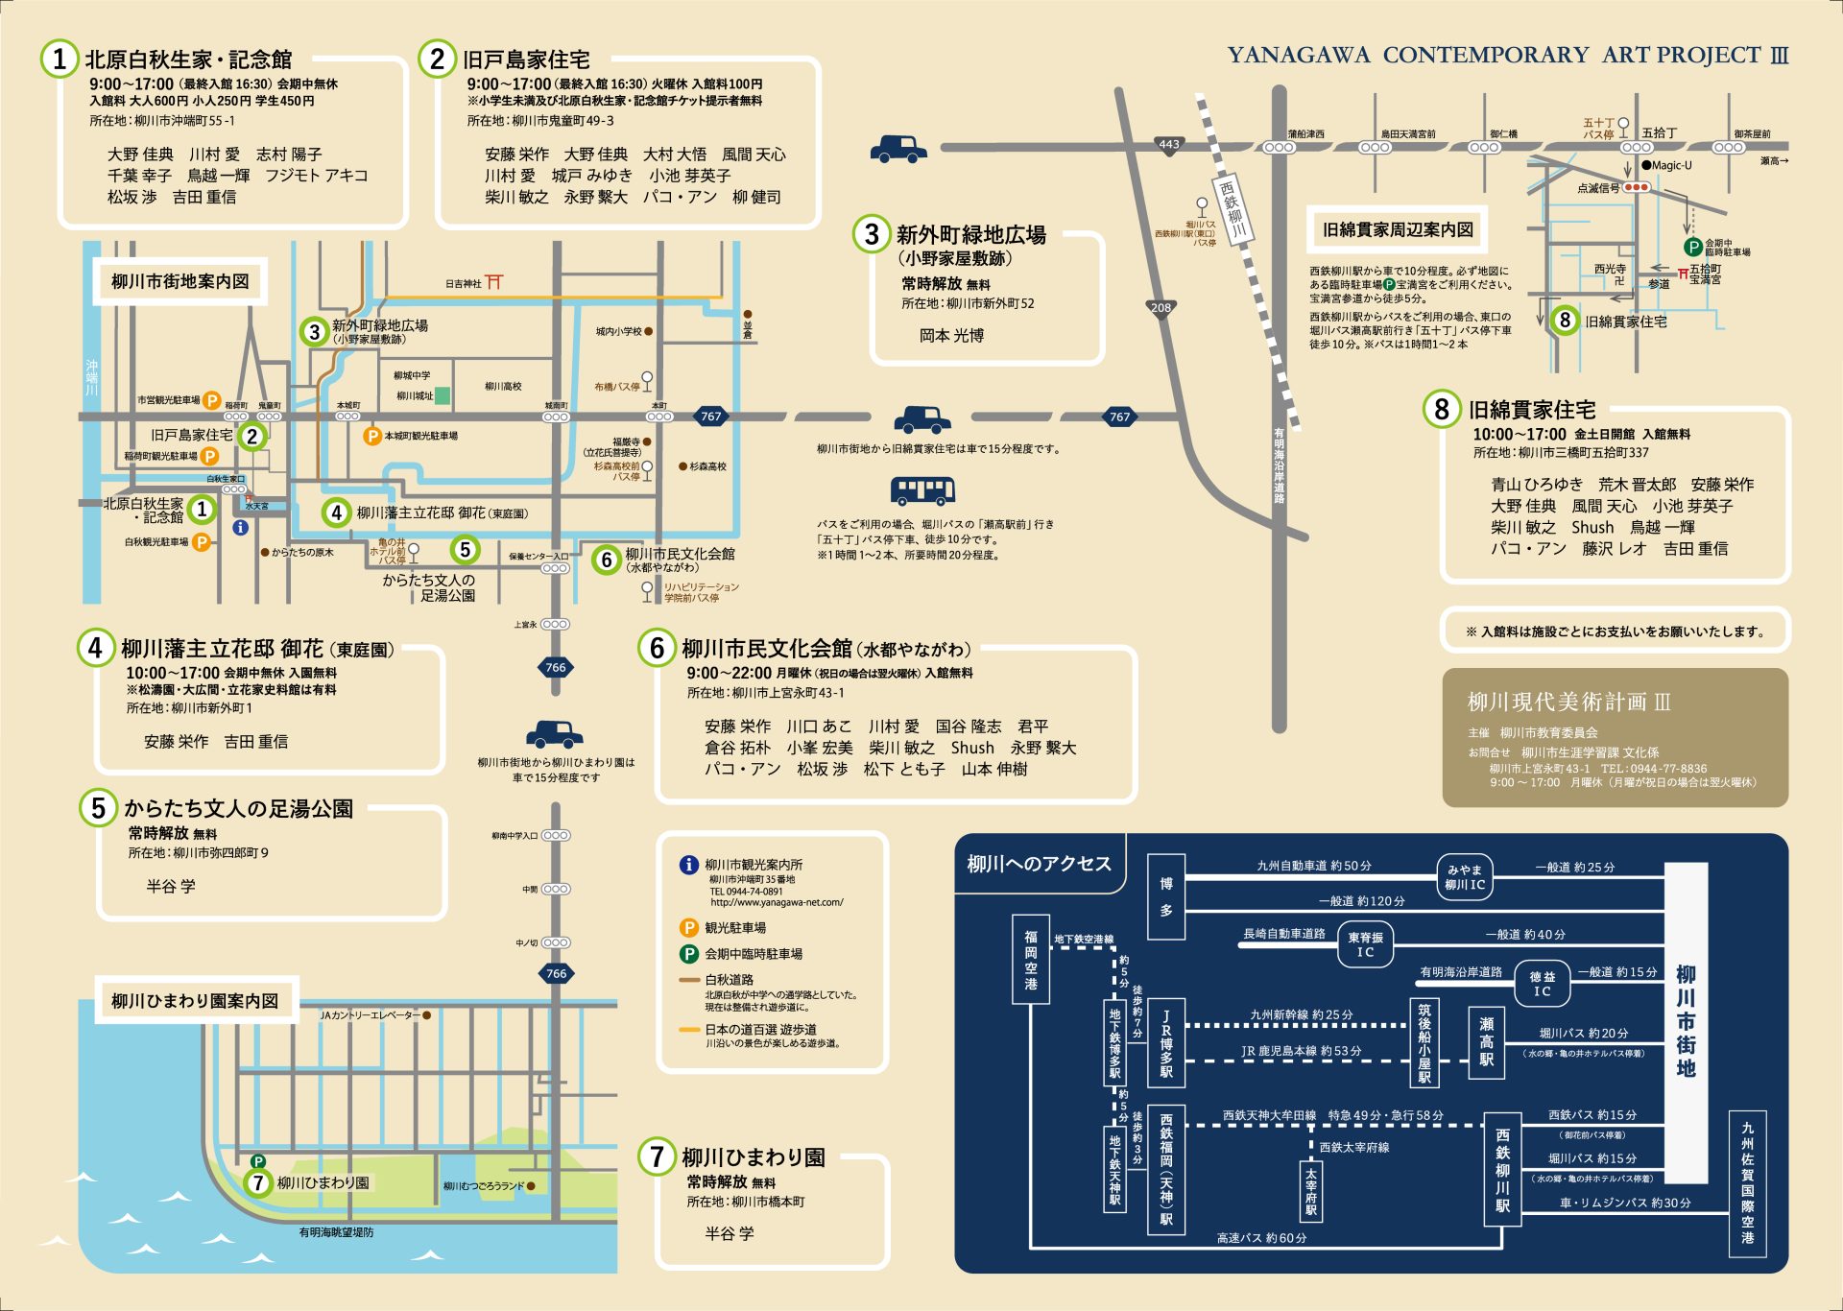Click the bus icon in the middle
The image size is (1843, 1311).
pos(922,490)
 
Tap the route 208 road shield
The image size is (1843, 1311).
pos(1161,307)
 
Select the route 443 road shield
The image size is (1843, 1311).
pos(1169,145)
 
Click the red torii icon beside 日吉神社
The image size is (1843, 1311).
pos(494,282)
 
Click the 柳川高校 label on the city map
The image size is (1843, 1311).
pos(503,387)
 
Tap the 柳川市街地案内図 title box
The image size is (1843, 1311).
pos(180,281)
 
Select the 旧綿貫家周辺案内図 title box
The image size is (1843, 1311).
pos(1397,229)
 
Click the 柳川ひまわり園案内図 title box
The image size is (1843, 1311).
pos(195,1001)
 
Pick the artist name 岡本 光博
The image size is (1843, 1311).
pos(951,336)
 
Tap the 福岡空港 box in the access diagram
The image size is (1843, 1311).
pos(1031,960)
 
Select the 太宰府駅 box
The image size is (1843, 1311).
pos(1311,1190)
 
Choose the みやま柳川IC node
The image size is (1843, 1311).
pos(1465,877)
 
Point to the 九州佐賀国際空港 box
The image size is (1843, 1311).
pos(1747,1182)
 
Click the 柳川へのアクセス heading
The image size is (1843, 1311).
pos(1039,864)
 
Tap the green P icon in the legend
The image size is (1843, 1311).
pos(688,954)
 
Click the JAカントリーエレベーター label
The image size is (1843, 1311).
pos(370,1014)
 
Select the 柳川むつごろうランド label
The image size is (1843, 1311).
pos(484,1186)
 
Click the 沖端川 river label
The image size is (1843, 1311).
pos(92,377)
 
